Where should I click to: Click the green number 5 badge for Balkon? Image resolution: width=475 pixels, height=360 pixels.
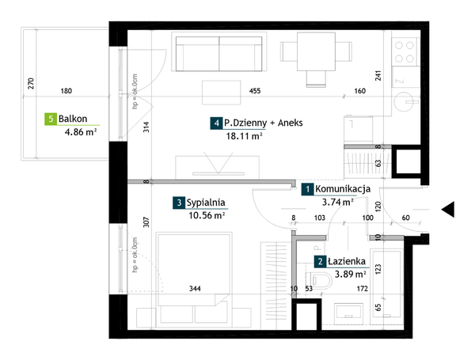tap(51, 119)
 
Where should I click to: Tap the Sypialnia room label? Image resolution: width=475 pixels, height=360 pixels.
tap(206, 203)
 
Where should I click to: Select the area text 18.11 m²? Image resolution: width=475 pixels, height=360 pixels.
tap(244, 136)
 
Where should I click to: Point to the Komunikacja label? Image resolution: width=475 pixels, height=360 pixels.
tap(343, 189)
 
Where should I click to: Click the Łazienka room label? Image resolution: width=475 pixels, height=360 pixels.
tap(347, 261)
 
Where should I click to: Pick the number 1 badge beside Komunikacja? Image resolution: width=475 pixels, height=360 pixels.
tap(307, 190)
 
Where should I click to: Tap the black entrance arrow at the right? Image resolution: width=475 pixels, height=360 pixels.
tap(448, 209)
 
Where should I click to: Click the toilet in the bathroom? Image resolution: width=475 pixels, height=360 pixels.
tap(319, 280)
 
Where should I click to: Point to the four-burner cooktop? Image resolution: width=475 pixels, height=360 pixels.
tap(405, 51)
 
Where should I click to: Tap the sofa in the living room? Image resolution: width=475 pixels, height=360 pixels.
tap(219, 52)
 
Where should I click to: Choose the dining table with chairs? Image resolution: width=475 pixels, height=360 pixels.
tap(316, 59)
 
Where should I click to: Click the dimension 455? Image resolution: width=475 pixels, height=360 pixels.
tap(255, 91)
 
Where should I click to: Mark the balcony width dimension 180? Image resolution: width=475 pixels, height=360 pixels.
tap(66, 91)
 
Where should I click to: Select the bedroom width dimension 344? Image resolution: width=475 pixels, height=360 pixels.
tap(195, 289)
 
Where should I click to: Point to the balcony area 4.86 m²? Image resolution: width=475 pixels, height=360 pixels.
tap(81, 132)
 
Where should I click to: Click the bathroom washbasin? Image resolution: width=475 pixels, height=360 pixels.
tap(348, 311)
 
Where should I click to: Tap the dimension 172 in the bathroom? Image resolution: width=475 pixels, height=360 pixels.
tap(363, 289)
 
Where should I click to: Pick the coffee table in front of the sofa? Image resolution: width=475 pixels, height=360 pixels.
tap(222, 93)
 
